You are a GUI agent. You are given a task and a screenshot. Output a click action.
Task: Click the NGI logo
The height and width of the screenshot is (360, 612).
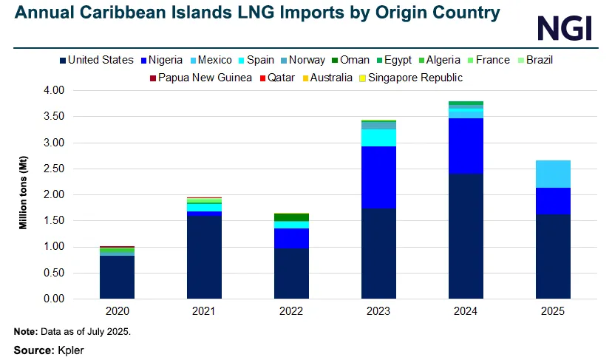(x=564, y=28)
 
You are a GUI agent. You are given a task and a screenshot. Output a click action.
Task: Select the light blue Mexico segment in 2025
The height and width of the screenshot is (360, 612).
(x=553, y=174)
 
